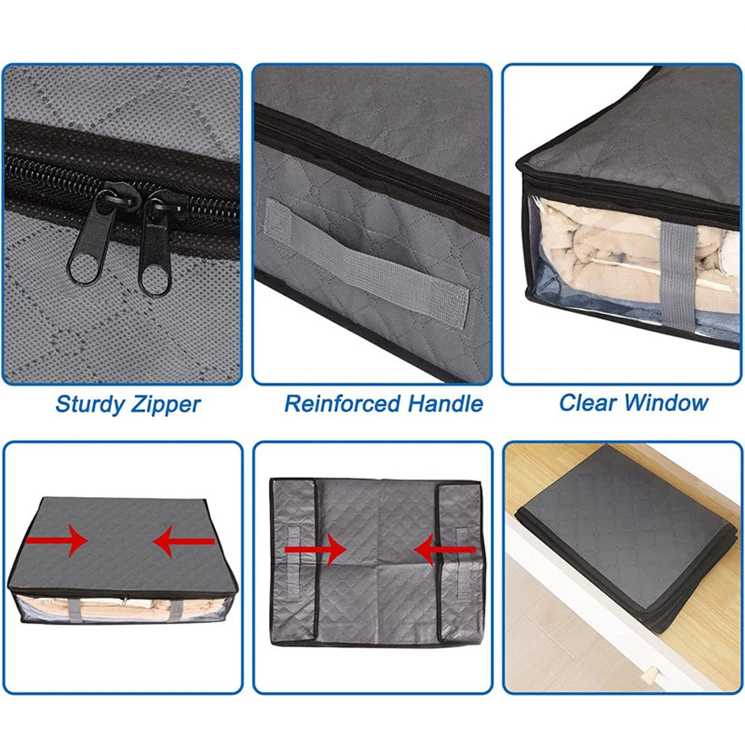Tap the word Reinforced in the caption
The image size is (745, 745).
pos(343,405)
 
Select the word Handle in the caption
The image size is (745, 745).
pos(445,405)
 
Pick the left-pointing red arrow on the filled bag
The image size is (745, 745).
pos(183,543)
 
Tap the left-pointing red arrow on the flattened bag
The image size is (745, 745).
pos(445,552)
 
